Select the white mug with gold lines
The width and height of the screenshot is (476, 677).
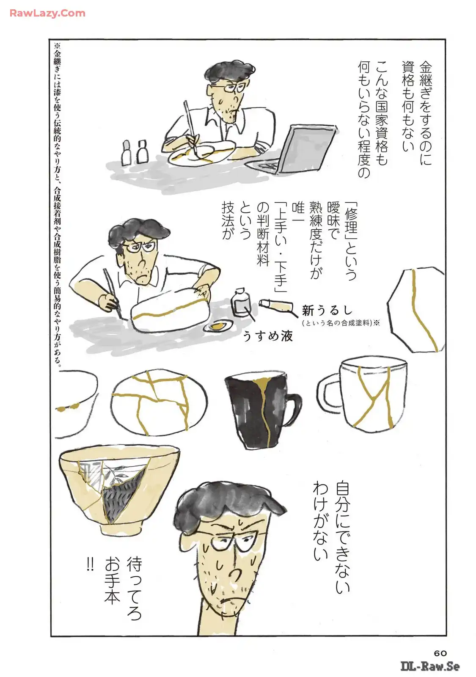point(363,393)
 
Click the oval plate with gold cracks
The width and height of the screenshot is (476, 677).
point(159,402)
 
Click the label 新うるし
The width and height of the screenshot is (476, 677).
point(327,311)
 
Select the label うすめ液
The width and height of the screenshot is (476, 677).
point(268,336)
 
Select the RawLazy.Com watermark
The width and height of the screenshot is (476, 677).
point(47,13)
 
